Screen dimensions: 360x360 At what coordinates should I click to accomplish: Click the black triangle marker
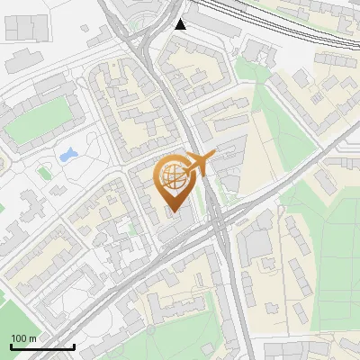tap(182, 24)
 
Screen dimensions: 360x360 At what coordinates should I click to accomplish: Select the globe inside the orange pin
tap(173, 176)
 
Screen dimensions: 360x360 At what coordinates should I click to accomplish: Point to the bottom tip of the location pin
tap(173, 212)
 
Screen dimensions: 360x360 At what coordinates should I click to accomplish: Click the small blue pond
tap(67, 155)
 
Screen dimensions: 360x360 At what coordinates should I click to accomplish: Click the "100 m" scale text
tap(24, 338)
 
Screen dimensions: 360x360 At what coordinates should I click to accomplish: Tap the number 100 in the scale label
tap(19, 338)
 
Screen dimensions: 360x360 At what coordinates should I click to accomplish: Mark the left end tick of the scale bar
tap(11, 346)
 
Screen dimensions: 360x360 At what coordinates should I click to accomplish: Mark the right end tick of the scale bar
tap(74, 346)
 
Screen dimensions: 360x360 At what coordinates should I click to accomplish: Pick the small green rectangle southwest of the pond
tap(43, 171)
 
